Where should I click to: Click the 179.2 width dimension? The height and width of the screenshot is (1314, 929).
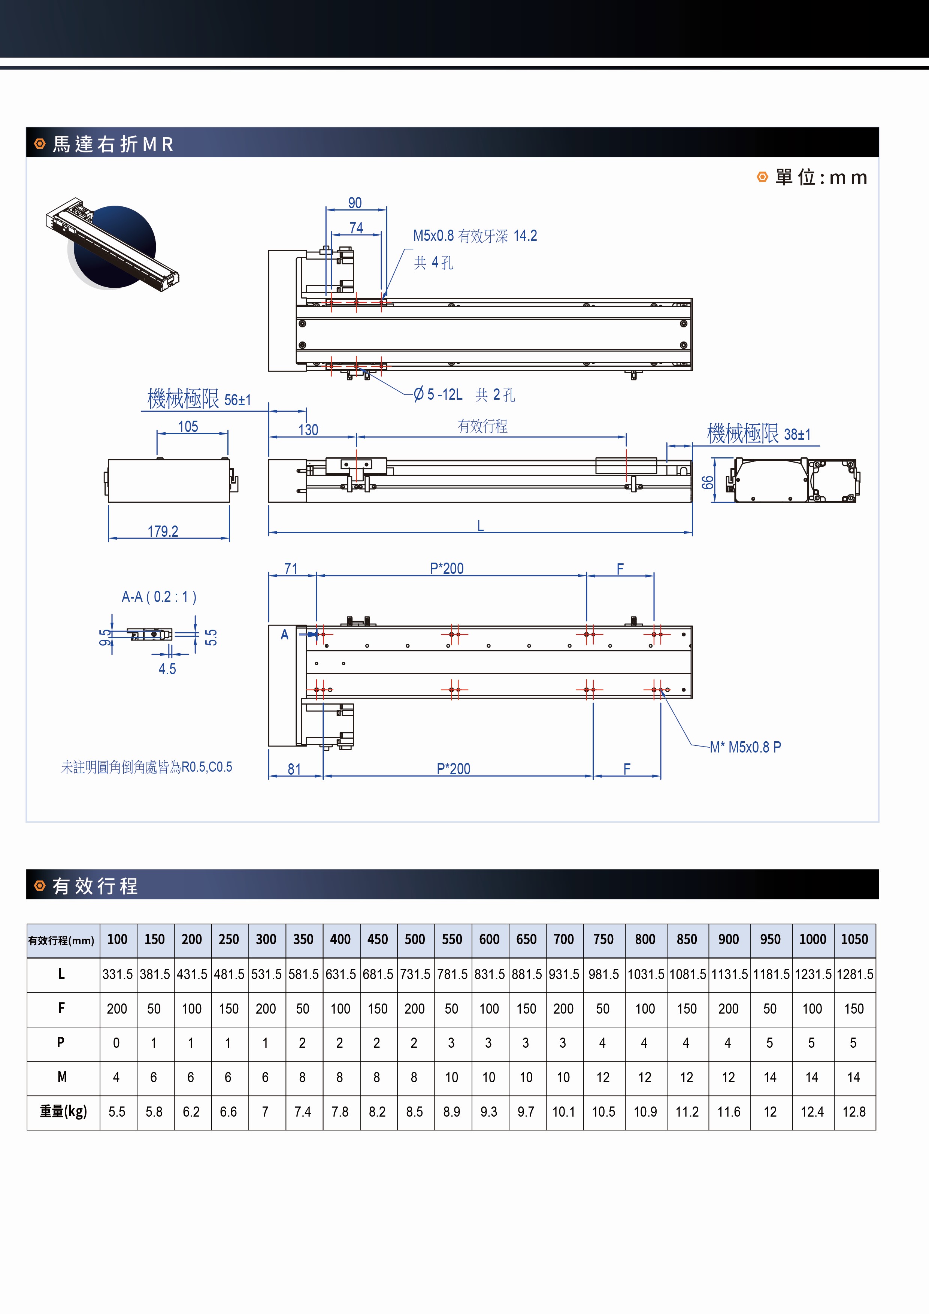point(163,531)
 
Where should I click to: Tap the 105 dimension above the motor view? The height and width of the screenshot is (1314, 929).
point(188,426)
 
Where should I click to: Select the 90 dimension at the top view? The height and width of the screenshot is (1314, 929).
point(355,203)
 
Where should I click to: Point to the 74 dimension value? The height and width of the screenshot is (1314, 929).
point(356,228)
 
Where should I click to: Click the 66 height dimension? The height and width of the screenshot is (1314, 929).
point(708,482)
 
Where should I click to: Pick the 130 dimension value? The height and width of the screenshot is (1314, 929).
point(308,430)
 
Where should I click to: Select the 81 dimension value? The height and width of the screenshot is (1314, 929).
point(294,769)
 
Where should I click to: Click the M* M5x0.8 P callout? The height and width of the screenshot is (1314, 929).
point(745,747)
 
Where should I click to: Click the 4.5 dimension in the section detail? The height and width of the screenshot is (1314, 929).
point(167,669)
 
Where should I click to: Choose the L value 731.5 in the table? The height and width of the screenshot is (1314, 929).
point(415,974)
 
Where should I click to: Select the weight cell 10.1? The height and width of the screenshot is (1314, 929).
point(563,1111)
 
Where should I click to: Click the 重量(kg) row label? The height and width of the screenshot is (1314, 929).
point(63,1111)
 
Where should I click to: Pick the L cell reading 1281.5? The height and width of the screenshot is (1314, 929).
point(854,974)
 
